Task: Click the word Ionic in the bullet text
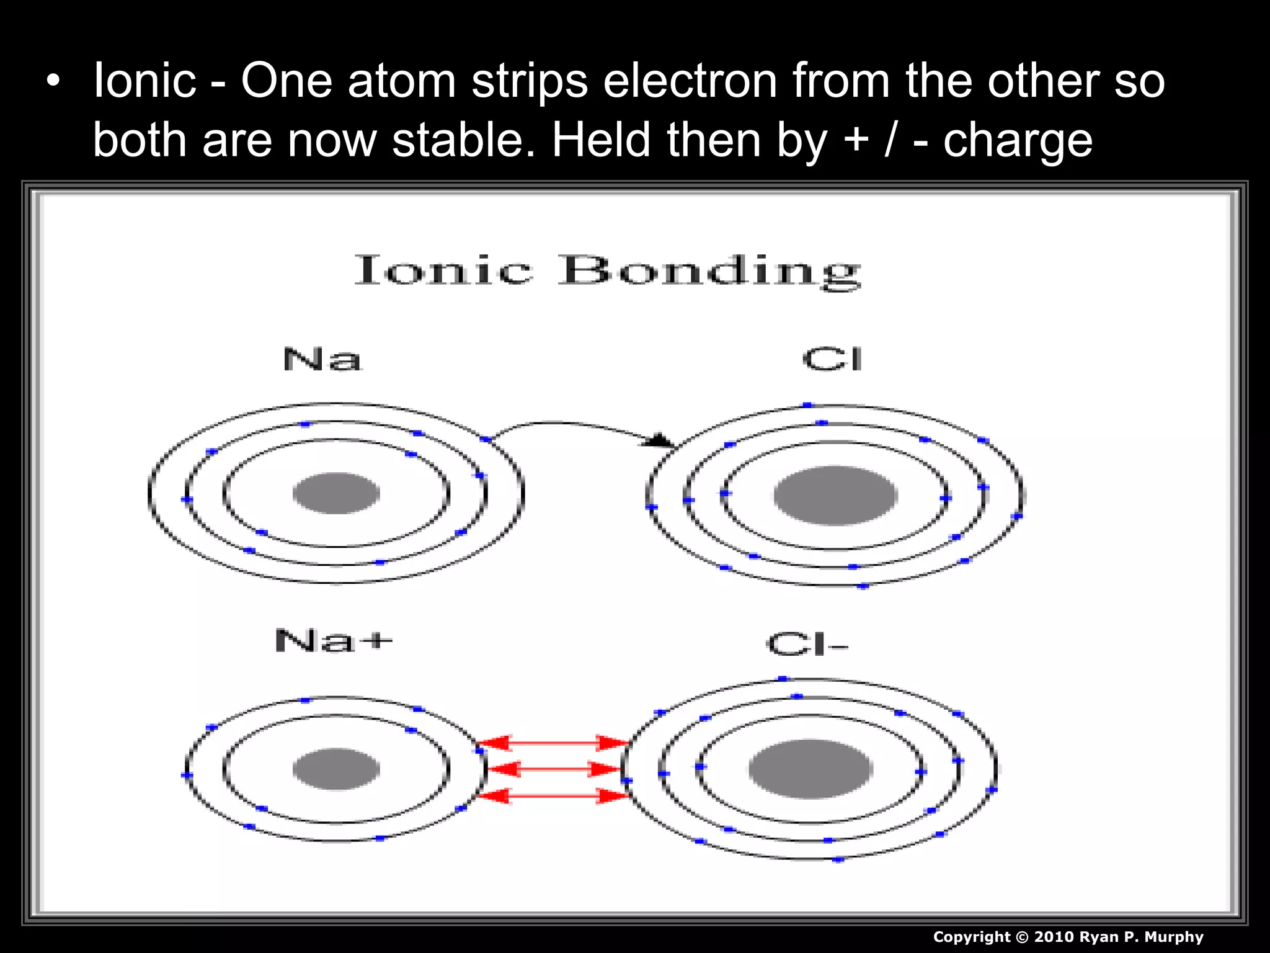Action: click(144, 81)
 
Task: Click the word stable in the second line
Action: click(463, 140)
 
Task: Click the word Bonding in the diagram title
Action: click(709, 271)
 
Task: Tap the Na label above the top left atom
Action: click(322, 359)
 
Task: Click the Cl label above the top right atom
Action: click(832, 359)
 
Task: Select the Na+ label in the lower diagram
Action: click(334, 640)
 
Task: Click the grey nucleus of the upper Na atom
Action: click(336, 493)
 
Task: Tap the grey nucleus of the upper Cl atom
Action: click(835, 495)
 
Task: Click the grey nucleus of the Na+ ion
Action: click(336, 769)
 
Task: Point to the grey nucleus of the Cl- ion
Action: click(810, 769)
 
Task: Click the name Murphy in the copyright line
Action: click(1173, 937)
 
